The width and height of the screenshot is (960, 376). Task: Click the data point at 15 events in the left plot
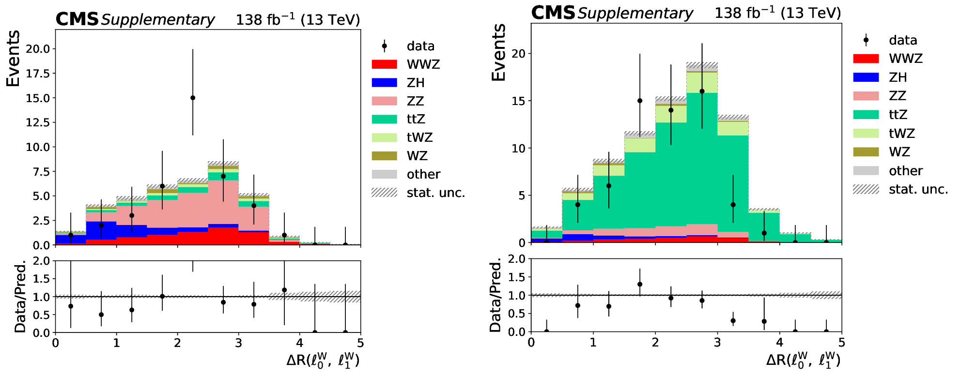(193, 98)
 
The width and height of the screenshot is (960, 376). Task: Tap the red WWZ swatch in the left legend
(384, 64)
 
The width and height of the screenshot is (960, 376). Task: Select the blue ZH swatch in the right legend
(866, 77)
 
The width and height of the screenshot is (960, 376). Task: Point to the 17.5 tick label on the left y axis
(38, 74)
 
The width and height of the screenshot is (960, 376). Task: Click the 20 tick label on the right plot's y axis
(518, 54)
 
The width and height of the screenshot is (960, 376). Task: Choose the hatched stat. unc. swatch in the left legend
(384, 193)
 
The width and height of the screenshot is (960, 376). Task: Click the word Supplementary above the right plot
(635, 14)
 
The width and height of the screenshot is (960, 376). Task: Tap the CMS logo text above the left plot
(77, 19)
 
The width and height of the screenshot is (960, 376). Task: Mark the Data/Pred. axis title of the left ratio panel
(20, 297)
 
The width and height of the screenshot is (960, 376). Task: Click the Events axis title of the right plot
(499, 52)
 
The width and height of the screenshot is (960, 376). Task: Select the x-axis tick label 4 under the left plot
(300, 343)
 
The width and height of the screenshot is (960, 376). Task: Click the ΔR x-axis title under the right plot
(803, 360)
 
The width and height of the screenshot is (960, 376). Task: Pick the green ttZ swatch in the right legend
(866, 115)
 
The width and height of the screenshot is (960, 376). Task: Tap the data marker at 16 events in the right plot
(702, 91)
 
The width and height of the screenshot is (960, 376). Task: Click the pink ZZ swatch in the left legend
(384, 101)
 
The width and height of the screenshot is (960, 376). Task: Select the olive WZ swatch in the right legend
(866, 152)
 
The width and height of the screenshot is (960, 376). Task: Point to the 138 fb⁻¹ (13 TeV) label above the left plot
(298, 19)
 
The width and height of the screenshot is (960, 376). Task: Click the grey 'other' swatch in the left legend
(384, 174)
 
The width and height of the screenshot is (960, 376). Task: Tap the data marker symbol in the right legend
(866, 40)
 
